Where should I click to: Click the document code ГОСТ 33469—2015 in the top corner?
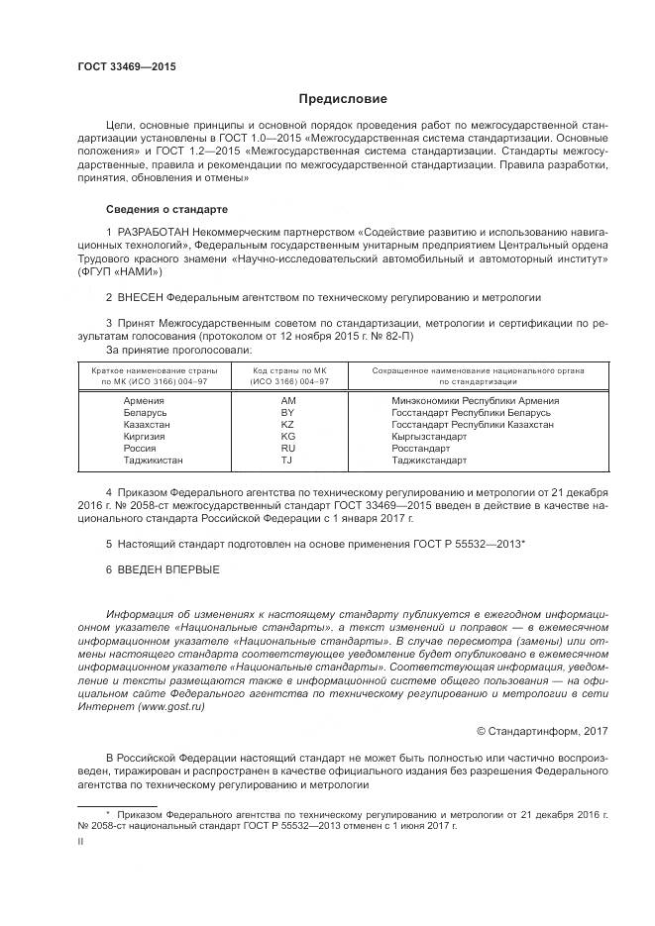127,66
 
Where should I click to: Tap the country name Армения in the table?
145,400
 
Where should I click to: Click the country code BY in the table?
288,412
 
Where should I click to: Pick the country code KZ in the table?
288,424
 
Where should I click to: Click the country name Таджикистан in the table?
154,460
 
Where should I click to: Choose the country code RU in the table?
288,448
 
